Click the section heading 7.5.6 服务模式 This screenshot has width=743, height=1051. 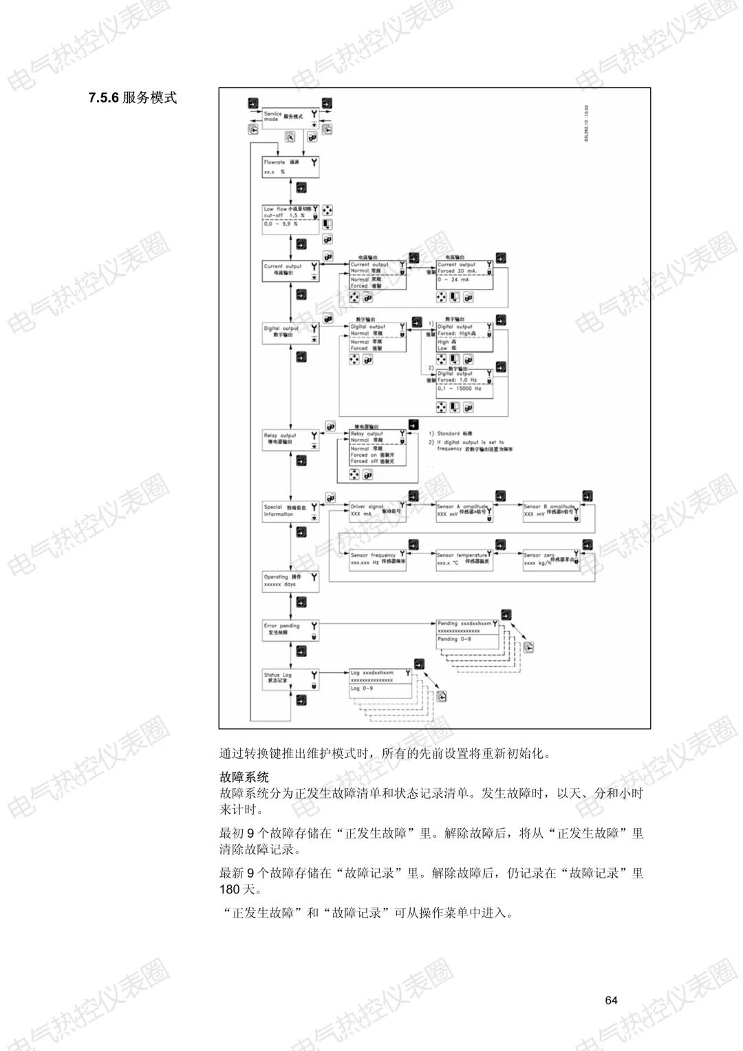coord(133,98)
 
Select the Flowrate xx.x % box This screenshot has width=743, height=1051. coord(290,167)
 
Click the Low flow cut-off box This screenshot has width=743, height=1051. coord(290,218)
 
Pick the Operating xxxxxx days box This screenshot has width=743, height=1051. coord(290,581)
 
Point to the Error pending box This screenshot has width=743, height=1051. coord(290,630)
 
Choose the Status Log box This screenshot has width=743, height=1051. coord(290,679)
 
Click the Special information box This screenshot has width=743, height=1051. coord(290,511)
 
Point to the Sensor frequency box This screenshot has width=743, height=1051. coord(377,559)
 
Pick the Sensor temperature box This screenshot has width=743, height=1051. coord(463,559)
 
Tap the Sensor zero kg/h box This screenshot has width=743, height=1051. coord(550,559)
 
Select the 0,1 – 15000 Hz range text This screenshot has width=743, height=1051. coord(460,389)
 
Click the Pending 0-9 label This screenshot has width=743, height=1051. coord(455,640)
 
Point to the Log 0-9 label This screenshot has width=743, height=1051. coord(362,689)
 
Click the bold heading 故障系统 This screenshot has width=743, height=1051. coord(244,777)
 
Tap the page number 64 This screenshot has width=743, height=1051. coord(612,1001)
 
